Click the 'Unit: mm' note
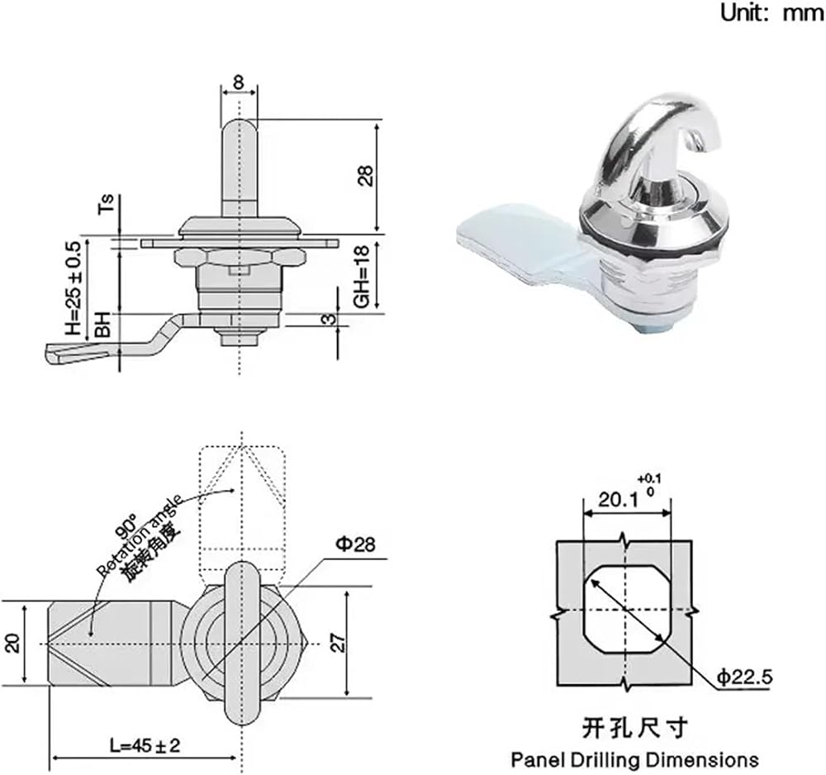pos(771,12)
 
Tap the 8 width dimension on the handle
pos(239,82)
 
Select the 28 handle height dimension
pos(367,175)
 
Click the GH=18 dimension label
pos(363,277)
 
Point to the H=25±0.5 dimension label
pos(74,288)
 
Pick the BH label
pos(102,324)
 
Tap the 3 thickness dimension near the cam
pos(328,319)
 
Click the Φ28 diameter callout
pos(356,544)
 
